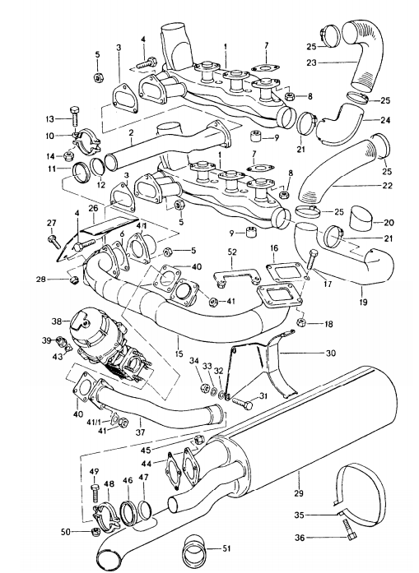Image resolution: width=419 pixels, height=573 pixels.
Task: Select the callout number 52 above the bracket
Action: [x=232, y=252]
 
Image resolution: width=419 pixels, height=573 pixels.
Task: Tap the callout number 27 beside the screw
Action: [x=50, y=224]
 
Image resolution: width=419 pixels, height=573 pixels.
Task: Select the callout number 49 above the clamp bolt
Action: [x=93, y=471]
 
